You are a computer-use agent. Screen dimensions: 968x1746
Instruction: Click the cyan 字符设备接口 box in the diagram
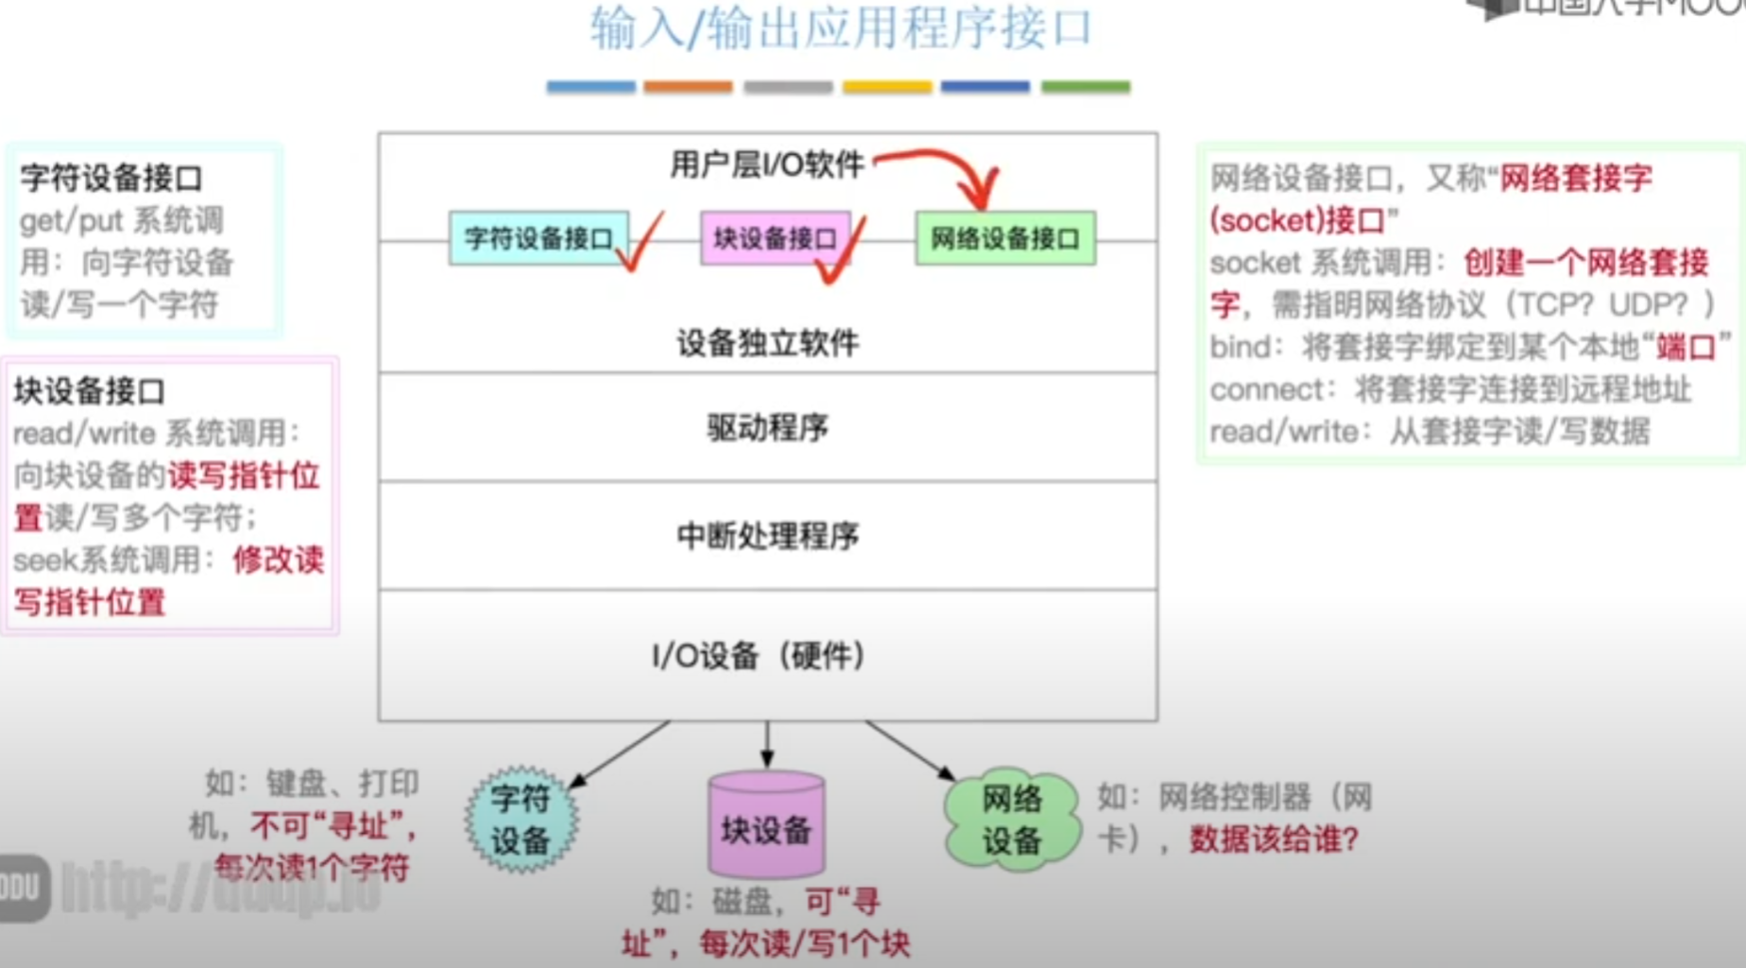click(538, 238)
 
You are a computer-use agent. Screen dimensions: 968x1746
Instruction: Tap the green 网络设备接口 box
click(1004, 238)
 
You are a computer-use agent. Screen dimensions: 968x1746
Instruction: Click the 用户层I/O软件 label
click(766, 165)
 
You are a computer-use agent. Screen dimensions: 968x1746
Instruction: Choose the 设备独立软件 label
click(767, 343)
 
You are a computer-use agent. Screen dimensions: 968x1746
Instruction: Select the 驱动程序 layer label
click(767, 428)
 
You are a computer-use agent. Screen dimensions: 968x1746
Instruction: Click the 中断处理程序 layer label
click(767, 537)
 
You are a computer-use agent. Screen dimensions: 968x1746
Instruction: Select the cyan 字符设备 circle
click(521, 820)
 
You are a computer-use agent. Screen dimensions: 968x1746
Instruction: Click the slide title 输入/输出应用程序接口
click(841, 28)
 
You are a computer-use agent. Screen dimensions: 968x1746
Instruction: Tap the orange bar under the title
click(688, 87)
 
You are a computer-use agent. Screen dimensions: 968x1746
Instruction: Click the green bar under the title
click(1086, 87)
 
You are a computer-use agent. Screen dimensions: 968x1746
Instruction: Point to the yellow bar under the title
click(887, 87)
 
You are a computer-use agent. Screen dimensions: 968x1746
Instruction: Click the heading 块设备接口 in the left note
click(90, 390)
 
